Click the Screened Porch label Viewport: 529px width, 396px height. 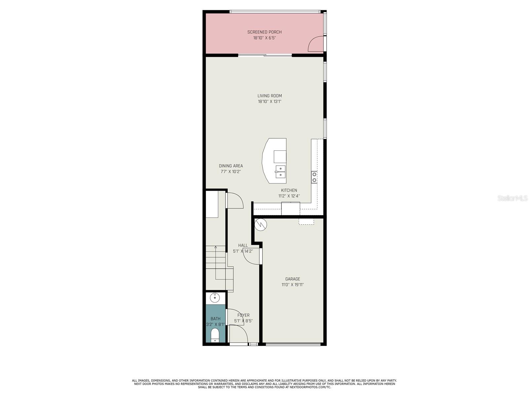click(264, 32)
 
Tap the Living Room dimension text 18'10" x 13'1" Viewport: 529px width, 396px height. click(269, 102)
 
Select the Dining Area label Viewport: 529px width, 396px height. click(231, 166)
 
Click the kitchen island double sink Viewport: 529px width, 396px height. click(280, 172)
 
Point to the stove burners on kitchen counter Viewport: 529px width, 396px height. click(314, 177)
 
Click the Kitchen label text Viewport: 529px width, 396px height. click(289, 190)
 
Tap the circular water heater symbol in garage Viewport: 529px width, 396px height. click(261, 224)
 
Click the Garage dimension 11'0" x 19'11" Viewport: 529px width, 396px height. click(293, 285)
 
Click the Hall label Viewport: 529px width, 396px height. click(243, 246)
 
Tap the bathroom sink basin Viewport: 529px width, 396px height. click(215, 298)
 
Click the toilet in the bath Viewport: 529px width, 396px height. click(215, 335)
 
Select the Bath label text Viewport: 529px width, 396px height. click(216, 319)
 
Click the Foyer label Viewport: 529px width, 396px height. click(244, 315)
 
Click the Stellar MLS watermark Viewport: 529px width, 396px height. click(512, 198)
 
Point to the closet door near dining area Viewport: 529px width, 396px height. click(235, 201)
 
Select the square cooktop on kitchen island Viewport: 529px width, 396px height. click(280, 156)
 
